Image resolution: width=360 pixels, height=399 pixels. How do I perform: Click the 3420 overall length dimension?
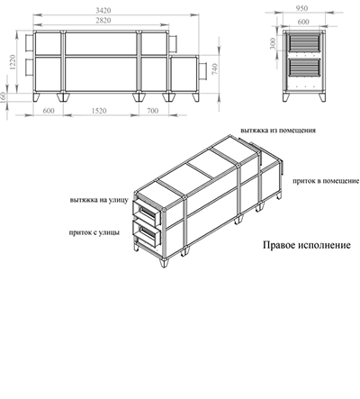pyautogui.click(x=103, y=11)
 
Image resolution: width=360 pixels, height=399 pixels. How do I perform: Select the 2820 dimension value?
pyautogui.click(x=103, y=21)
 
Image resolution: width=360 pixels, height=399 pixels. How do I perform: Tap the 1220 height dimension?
pyautogui.click(x=12, y=62)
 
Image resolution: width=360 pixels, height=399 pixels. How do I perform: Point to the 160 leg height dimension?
pyautogui.click(x=3, y=97)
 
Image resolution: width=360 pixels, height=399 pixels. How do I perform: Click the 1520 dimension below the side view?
pyautogui.click(x=99, y=111)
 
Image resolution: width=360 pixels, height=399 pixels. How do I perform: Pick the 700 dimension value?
pyautogui.click(x=152, y=111)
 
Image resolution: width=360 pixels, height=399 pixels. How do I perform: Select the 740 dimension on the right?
pyautogui.click(x=215, y=69)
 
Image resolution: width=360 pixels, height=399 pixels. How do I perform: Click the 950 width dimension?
pyautogui.click(x=302, y=8)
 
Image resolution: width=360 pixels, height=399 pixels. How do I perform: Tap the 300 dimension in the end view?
pyautogui.click(x=273, y=44)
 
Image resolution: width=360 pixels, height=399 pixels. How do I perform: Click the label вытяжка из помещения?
pyautogui.click(x=278, y=131)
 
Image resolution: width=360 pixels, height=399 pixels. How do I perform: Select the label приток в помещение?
pyautogui.click(x=326, y=181)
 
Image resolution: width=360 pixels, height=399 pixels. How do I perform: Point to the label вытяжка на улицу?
pyautogui.click(x=99, y=200)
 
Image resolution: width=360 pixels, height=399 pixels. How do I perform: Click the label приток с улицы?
pyautogui.click(x=94, y=232)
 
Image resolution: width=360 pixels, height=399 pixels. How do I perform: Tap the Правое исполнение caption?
pyautogui.click(x=307, y=245)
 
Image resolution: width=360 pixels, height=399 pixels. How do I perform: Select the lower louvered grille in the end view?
pyautogui.click(x=304, y=68)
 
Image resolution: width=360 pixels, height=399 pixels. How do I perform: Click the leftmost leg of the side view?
pyautogui.click(x=37, y=97)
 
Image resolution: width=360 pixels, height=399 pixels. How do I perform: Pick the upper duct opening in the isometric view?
pyautogui.click(x=146, y=213)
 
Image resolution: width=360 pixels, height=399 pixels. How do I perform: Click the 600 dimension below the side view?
pyautogui.click(x=49, y=111)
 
